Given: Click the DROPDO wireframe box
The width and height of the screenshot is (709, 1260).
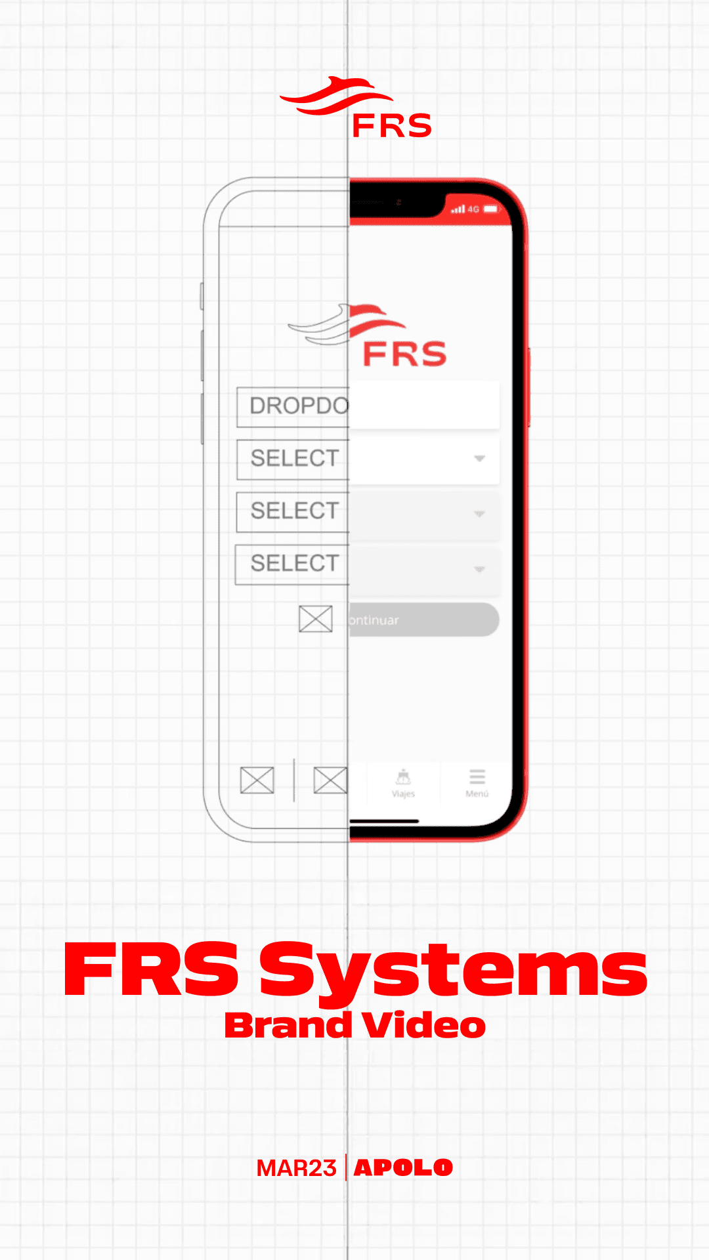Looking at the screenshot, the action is tap(293, 406).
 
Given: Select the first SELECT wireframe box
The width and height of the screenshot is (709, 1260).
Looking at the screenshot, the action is tap(293, 459).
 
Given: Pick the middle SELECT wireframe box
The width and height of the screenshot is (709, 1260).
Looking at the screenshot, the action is tap(293, 511).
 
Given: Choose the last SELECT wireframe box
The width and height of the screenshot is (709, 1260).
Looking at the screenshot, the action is tap(293, 564).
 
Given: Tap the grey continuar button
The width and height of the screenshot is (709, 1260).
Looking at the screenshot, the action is tap(423, 620).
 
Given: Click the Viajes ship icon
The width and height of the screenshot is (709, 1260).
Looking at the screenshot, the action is tap(403, 778).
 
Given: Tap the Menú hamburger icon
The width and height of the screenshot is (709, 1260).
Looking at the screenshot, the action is tap(477, 778).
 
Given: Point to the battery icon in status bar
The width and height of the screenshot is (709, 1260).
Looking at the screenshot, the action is tap(491, 209).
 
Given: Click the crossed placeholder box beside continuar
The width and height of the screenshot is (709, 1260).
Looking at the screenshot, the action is tap(316, 619).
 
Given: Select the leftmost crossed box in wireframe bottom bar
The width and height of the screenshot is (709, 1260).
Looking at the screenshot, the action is tap(257, 780).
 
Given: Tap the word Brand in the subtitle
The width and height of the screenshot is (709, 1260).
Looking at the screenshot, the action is tap(288, 1026).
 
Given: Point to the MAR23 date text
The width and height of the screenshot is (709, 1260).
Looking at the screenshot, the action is tap(296, 1168).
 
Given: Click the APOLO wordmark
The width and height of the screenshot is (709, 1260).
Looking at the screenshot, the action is tap(403, 1168).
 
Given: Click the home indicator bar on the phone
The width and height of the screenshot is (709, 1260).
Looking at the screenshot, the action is tap(384, 821).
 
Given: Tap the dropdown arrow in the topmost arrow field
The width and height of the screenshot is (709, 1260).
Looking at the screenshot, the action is tap(480, 459).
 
